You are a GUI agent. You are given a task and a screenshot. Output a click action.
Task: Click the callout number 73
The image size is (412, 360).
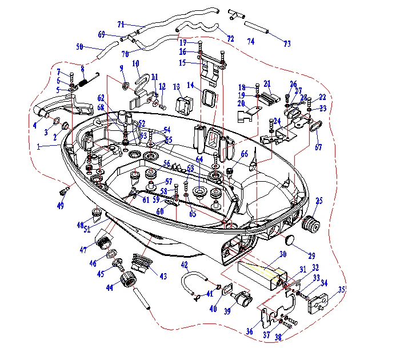coord(287,43)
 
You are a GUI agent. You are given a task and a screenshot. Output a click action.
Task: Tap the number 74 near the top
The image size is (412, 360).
coord(250,42)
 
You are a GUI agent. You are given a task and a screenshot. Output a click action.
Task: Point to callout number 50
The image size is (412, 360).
coord(79,46)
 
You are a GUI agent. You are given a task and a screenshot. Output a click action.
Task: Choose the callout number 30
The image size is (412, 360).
coord(282,254)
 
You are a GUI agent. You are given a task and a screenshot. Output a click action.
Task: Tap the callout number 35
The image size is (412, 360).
coord(342,290)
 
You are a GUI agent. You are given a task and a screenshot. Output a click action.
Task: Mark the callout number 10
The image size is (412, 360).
coord(136,63)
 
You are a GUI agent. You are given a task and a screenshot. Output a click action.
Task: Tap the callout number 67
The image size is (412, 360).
coord(318,147)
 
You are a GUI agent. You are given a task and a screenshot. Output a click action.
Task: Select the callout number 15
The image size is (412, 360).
coord(182,62)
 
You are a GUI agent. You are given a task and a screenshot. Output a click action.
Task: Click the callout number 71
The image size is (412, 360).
coord(121,24)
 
